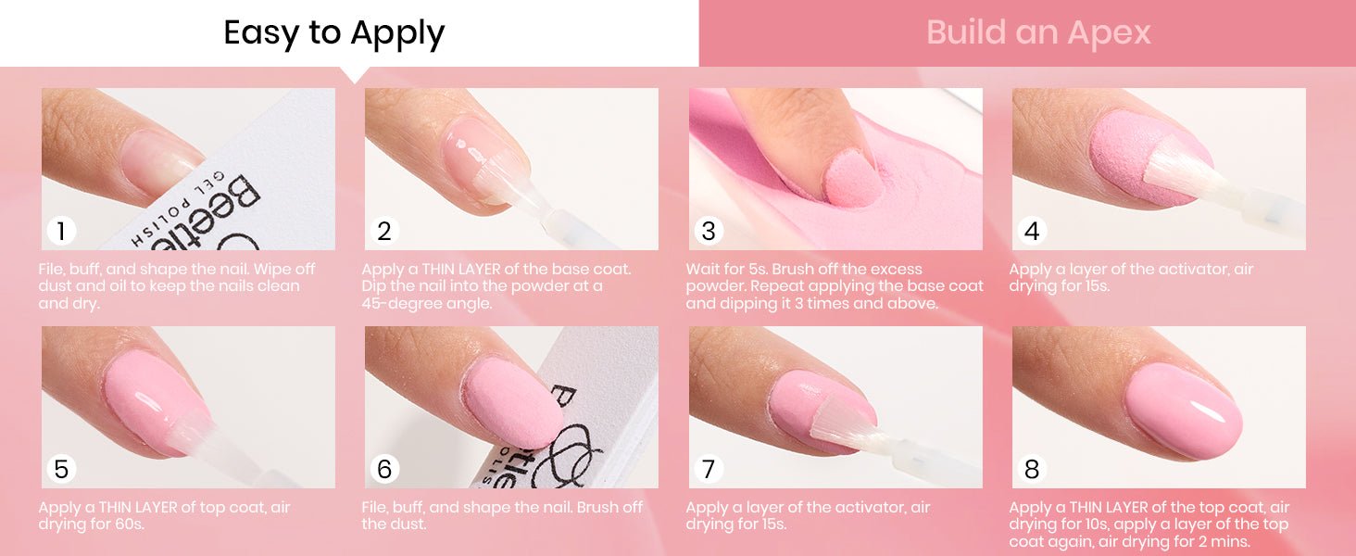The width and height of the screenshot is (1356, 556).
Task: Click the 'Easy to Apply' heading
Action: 334,33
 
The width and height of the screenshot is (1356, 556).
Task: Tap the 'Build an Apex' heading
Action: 1038,32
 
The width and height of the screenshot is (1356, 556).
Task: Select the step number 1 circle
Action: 61,231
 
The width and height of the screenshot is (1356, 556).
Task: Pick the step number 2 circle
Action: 384,231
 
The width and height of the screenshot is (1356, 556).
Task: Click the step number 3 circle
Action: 709,231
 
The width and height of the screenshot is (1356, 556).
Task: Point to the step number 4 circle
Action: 1032,231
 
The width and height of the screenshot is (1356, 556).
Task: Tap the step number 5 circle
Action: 61,469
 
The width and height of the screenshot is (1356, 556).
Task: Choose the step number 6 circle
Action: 384,469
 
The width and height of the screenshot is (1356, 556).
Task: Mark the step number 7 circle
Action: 709,469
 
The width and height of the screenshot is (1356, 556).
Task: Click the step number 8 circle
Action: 1032,469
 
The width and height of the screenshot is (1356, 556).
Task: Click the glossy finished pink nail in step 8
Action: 1184,411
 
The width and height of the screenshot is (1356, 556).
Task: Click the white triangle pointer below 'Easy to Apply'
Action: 355,74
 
